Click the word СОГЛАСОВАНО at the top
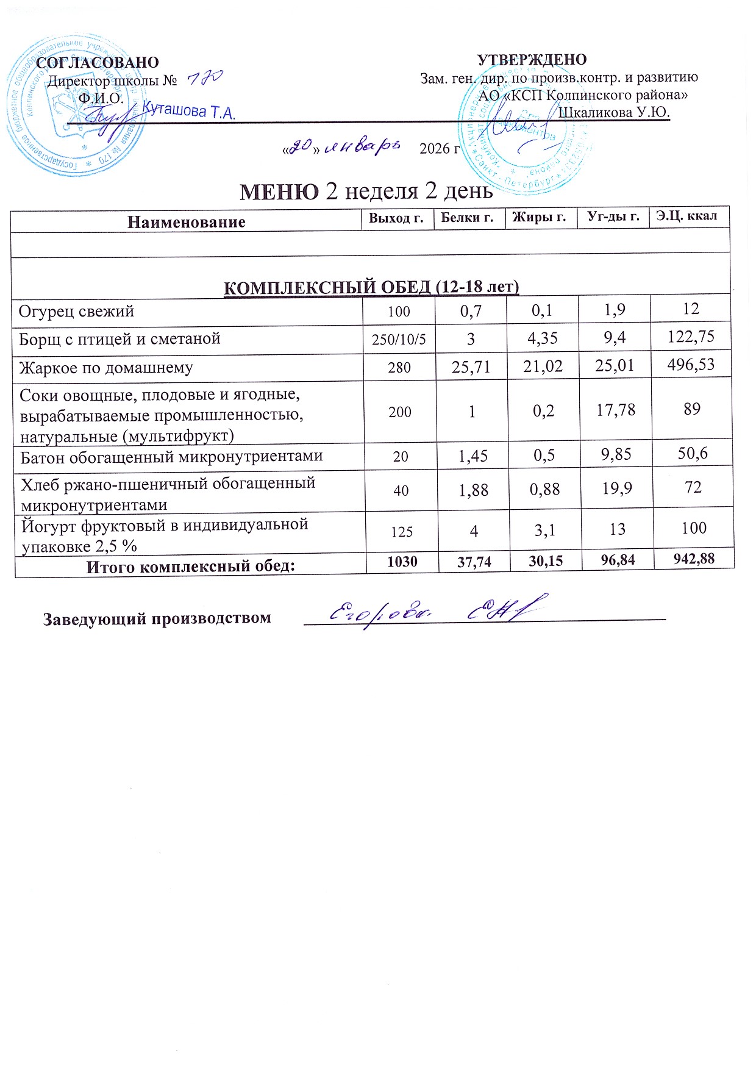pos(98,63)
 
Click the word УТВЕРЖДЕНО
pos(532,60)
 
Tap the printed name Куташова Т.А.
pos(188,111)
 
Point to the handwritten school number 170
pos(205,77)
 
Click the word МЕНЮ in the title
pos(279,191)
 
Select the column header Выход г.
pos(396,218)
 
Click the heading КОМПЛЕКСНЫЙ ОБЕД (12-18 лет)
pos(371,287)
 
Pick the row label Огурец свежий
pos(76,312)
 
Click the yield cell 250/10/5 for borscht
pos(399,339)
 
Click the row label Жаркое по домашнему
pos(106,368)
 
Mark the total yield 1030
pos(402,561)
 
